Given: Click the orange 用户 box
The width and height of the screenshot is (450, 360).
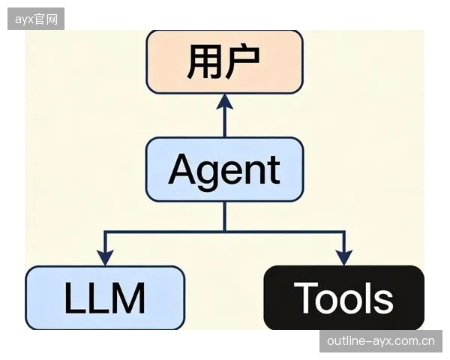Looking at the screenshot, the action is coord(225,62).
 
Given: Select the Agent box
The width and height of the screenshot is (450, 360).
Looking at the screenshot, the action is coord(225,169).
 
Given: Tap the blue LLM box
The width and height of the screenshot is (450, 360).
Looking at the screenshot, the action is coord(105,298).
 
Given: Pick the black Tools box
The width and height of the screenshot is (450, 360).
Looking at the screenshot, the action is coord(344,298).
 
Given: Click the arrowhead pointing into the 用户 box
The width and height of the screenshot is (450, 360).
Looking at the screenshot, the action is coord(225,102).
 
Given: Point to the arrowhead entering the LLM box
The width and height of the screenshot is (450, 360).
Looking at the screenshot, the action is coord(105,258).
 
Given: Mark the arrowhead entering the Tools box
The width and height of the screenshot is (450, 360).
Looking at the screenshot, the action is coord(344,258).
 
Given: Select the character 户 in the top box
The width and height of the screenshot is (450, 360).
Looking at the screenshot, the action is coord(243,61).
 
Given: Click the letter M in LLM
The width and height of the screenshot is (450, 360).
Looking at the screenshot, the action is coord(129,298).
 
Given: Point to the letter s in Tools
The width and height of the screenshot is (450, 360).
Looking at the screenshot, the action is coord(383,301).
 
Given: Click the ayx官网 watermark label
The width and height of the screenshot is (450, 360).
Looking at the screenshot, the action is coord(36,19).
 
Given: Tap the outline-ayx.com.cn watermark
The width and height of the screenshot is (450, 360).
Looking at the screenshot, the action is coord(381,341).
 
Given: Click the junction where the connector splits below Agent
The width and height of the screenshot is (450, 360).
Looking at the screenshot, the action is coord(225,231).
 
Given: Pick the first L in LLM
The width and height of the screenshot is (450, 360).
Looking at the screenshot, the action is coord(76,298).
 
